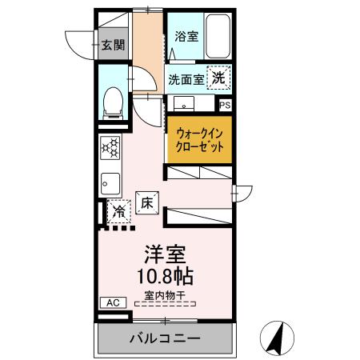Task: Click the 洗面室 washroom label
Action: [x=185, y=79]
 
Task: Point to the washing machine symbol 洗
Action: [x=218, y=78]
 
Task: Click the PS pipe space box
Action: [x=226, y=104]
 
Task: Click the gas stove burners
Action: [x=110, y=148]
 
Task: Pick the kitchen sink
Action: [x=110, y=183]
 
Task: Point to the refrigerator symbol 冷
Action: [x=118, y=212]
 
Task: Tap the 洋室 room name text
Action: [x=165, y=257]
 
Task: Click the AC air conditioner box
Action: [x=110, y=302]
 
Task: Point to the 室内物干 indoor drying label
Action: [x=165, y=296]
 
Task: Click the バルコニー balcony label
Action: [x=165, y=338]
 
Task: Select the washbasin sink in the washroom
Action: [x=186, y=104]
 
